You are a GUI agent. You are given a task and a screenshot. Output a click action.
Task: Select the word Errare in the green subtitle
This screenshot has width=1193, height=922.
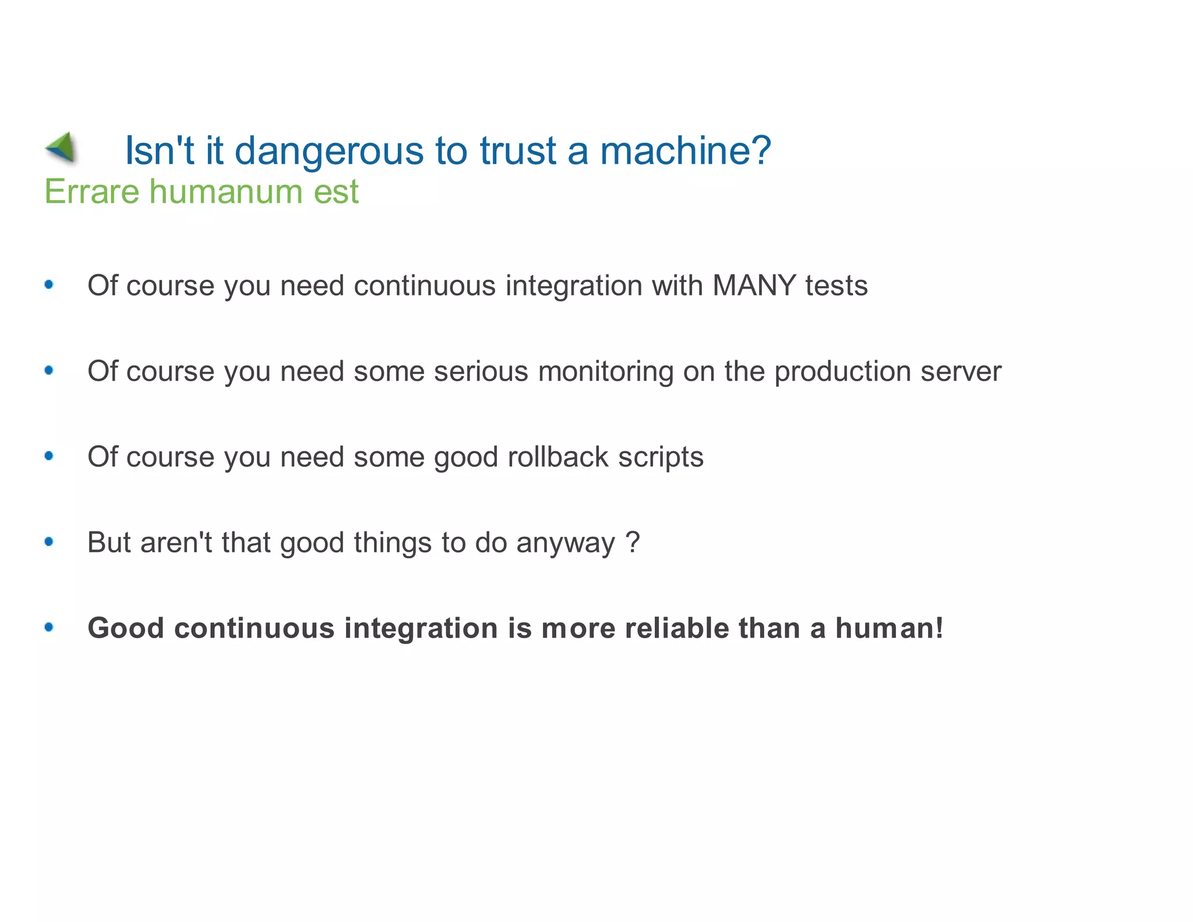click(x=91, y=192)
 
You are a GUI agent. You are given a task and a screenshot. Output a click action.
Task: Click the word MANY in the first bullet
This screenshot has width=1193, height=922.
click(x=754, y=286)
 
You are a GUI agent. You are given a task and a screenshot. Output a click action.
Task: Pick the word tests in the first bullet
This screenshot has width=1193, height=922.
click(x=836, y=286)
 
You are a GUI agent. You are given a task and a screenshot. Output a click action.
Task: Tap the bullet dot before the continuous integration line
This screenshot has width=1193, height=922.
click(x=49, y=284)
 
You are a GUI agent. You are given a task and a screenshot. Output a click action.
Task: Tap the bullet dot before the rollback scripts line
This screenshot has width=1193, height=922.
click(x=49, y=456)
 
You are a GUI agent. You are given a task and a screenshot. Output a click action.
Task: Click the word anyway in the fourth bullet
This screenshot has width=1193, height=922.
click(x=565, y=543)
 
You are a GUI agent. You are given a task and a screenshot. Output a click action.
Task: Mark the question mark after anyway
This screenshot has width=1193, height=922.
click(x=633, y=542)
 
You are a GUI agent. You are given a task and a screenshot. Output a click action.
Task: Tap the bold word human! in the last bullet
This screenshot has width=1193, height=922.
click(x=889, y=628)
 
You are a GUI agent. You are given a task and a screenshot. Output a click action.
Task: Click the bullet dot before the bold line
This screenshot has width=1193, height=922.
click(x=49, y=627)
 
